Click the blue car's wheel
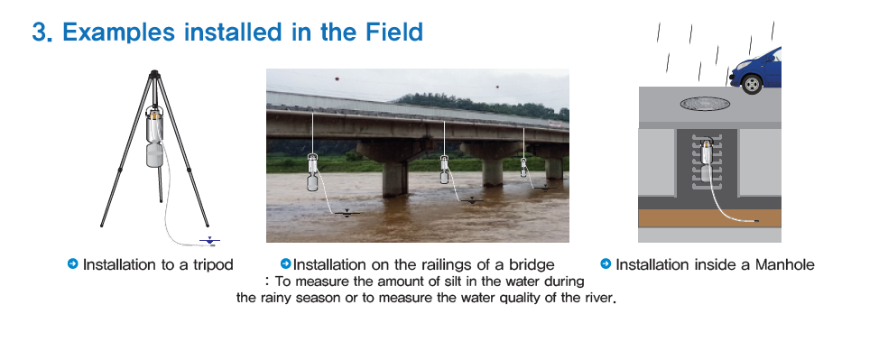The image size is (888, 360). [x=752, y=84]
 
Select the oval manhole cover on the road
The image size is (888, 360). [x=705, y=104]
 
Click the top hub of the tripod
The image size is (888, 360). [x=154, y=74]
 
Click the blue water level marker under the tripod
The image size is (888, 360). [x=209, y=241]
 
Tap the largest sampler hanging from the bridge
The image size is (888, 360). [x=312, y=172]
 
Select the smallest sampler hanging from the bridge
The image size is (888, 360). [x=523, y=166]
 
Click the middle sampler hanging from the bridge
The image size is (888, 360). [x=445, y=170]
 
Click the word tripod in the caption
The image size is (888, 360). [x=213, y=265]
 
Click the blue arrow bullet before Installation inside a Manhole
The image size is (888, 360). [x=606, y=263]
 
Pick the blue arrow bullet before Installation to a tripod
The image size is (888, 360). [x=72, y=263]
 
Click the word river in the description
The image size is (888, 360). [x=598, y=297]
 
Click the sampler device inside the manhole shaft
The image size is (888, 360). [x=707, y=162]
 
